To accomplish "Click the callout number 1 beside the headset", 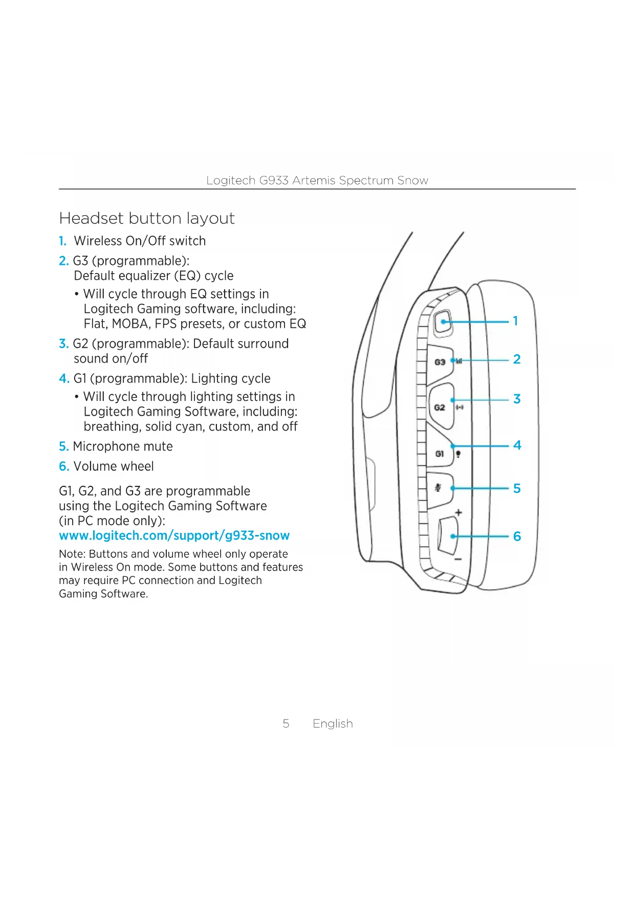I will (515, 321).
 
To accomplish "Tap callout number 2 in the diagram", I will (517, 360).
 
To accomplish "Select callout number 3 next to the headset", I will (517, 399).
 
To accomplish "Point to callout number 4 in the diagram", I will (517, 445).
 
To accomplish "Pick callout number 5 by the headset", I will (517, 489).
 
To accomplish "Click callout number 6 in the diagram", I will (517, 536).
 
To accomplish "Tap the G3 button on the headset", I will (440, 362).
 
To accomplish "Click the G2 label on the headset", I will (440, 408).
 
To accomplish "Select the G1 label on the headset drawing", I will (440, 454).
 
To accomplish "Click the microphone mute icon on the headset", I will (438, 488).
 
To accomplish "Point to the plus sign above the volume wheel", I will (458, 512).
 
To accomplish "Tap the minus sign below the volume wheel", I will (458, 559).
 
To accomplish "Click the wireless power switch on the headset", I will (443, 322).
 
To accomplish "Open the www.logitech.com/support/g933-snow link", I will (174, 536).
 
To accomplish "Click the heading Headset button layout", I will (147, 218).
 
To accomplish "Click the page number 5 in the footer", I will (286, 724).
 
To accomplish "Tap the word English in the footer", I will (333, 724).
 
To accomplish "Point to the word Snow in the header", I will (412, 181).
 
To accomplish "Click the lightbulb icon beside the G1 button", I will (458, 454).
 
